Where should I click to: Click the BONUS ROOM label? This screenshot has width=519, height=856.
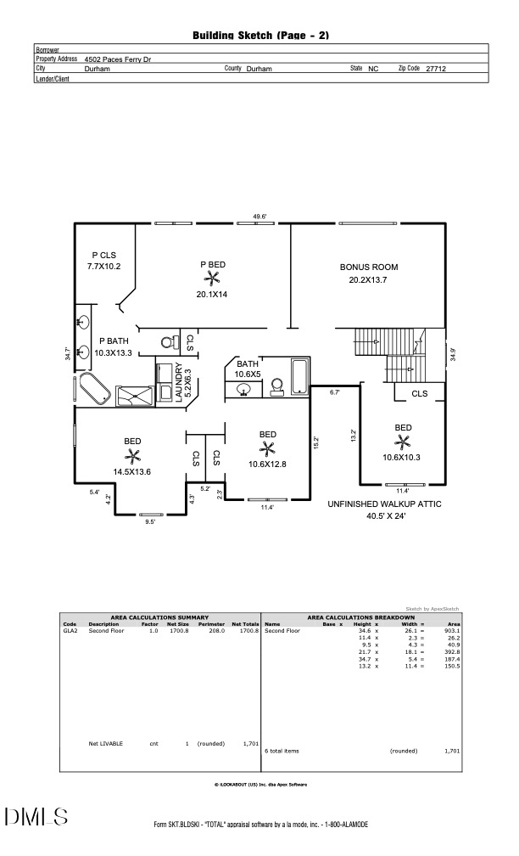click(x=369, y=267)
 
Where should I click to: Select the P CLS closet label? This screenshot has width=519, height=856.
click(x=103, y=255)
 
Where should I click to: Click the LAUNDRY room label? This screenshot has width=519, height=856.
click(x=179, y=382)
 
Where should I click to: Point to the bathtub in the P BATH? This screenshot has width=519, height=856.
click(x=96, y=388)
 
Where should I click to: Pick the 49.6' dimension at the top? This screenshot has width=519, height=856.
click(x=259, y=217)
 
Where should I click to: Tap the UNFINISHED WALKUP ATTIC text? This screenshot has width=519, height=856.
click(x=384, y=504)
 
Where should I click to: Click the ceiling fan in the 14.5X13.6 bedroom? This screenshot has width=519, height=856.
click(x=132, y=455)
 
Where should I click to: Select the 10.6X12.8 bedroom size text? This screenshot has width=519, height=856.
click(x=267, y=465)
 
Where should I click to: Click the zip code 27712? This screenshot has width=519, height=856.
click(x=436, y=69)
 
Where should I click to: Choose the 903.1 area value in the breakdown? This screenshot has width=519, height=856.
click(x=453, y=630)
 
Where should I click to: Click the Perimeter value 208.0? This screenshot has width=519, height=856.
click(x=216, y=630)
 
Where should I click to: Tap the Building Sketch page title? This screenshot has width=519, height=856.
click(x=260, y=36)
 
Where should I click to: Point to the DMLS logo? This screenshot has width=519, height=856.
click(x=36, y=817)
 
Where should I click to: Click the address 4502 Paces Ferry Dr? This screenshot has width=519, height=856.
click(x=118, y=59)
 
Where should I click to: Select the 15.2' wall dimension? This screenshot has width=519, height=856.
click(x=316, y=442)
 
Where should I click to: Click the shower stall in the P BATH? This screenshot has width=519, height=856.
click(x=135, y=396)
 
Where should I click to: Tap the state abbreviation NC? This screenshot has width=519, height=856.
click(x=373, y=69)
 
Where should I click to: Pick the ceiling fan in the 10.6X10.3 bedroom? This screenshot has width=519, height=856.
click(x=403, y=442)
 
